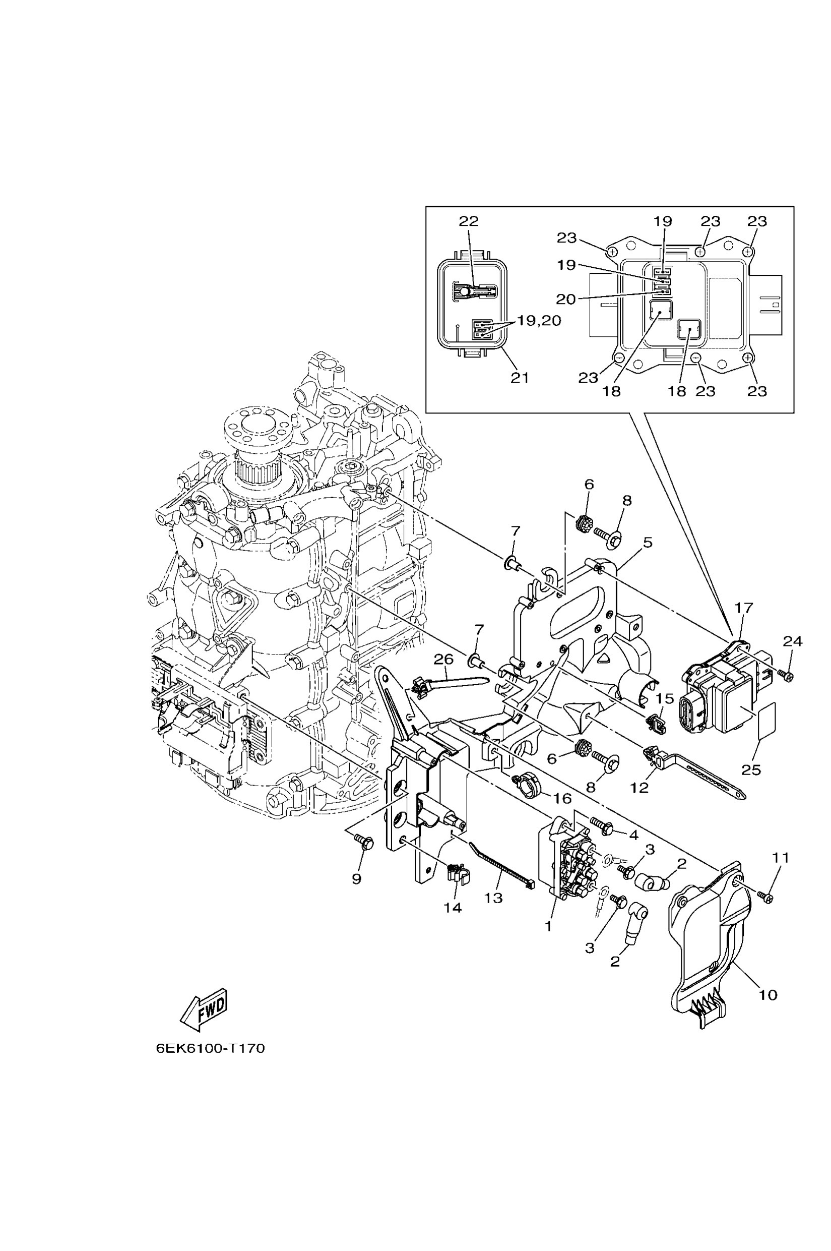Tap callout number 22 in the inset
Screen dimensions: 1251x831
click(469, 221)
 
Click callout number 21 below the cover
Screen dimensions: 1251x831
click(520, 378)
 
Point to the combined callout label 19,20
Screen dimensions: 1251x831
click(539, 321)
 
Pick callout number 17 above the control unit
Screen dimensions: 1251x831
click(744, 608)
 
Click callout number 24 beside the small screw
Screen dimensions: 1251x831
click(793, 641)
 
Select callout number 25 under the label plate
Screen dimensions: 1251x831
click(751, 769)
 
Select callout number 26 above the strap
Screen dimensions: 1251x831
click(443, 659)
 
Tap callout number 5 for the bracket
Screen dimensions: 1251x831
click(647, 543)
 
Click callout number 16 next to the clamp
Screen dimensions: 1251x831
click(562, 798)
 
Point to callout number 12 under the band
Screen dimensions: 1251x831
click(640, 788)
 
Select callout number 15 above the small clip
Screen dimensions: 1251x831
click(665, 698)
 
